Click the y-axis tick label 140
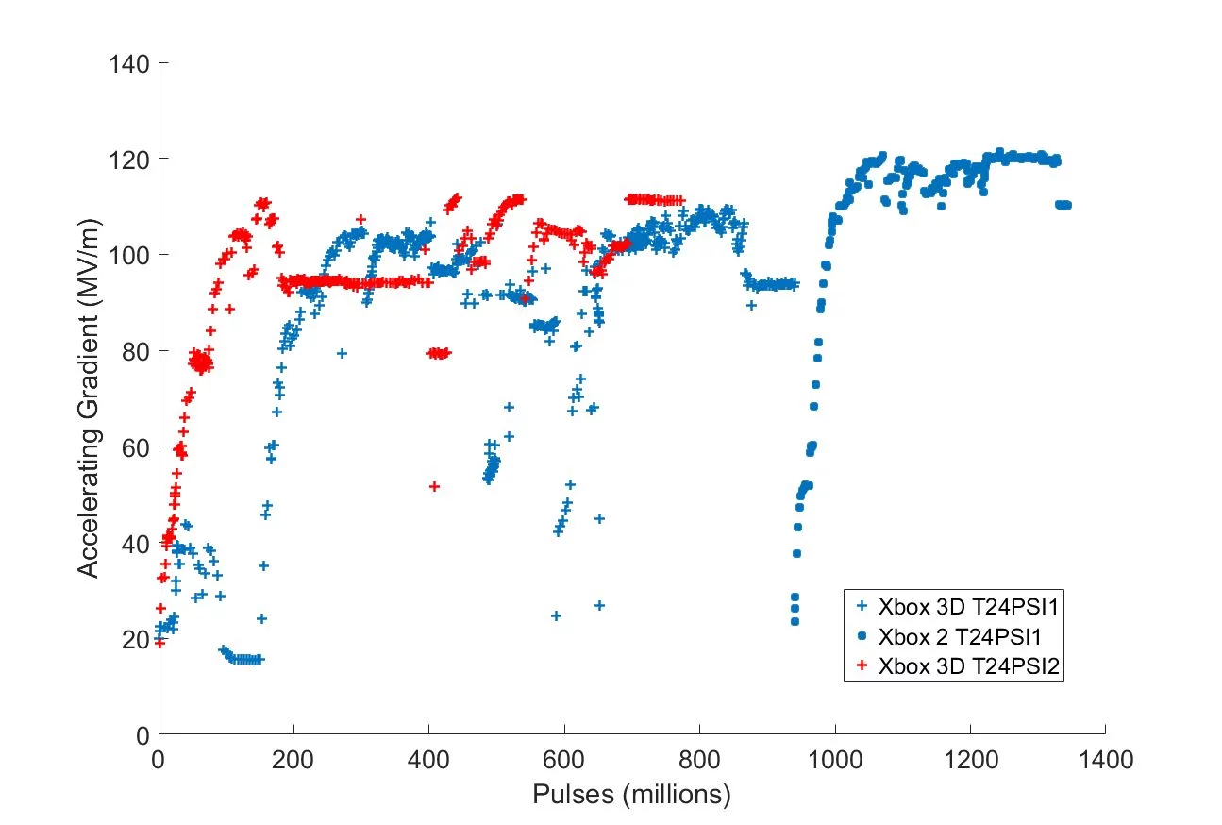click(x=129, y=63)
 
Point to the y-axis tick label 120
click(x=129, y=160)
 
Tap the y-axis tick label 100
click(x=129, y=255)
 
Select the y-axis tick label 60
click(x=135, y=447)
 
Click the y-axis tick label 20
click(x=135, y=639)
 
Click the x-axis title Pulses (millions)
click(x=631, y=796)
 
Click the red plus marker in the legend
click(x=860, y=665)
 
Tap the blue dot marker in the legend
click(x=860, y=634)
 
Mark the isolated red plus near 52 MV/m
click(x=434, y=486)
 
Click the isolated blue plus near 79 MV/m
click(x=343, y=354)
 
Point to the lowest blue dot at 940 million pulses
click(x=795, y=621)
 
